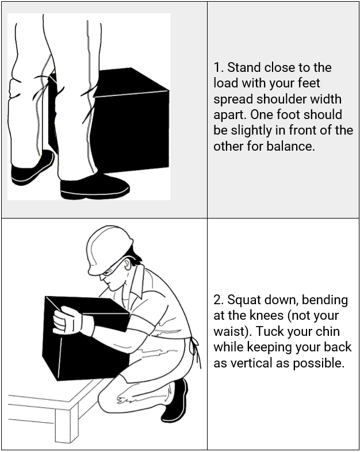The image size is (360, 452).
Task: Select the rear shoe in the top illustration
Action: coord(32,168)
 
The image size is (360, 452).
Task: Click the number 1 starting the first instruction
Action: coord(217,68)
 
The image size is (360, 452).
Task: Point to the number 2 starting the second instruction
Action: coord(218,300)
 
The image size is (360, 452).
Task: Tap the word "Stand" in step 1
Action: coord(244,68)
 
